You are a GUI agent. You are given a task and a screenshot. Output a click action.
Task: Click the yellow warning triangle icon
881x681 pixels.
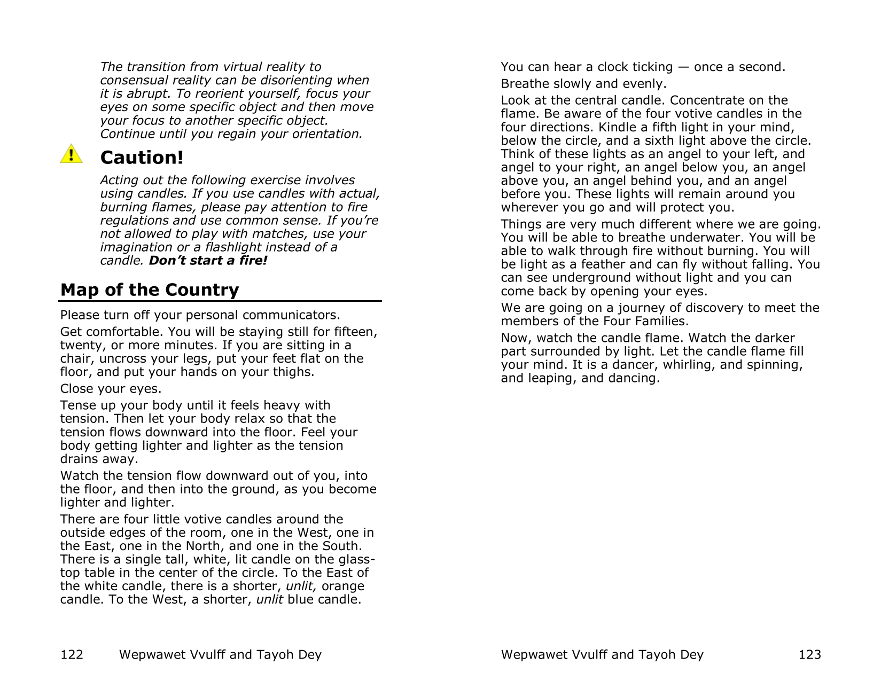click(x=71, y=154)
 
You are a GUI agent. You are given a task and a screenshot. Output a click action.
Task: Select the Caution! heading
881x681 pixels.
click(x=142, y=158)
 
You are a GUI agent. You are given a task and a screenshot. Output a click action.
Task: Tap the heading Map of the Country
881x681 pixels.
click(x=150, y=289)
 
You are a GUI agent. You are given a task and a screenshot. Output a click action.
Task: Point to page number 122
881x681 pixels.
click(x=72, y=654)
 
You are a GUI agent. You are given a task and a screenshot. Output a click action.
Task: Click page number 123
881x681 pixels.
click(x=809, y=654)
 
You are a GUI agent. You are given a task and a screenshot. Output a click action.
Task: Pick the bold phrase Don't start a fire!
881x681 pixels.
click(x=208, y=261)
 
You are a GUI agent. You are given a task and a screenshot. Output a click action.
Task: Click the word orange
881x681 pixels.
click(x=343, y=586)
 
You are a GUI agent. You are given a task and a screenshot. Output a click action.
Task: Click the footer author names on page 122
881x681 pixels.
click(x=220, y=654)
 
